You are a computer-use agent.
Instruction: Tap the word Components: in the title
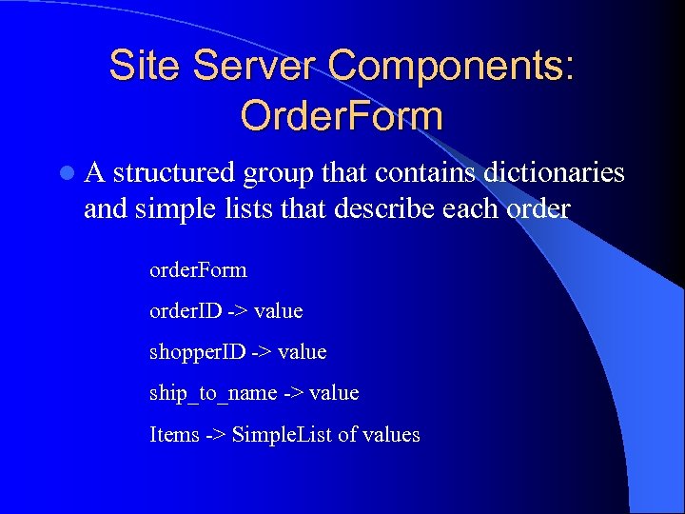point(451,67)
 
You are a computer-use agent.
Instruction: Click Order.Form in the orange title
point(342,116)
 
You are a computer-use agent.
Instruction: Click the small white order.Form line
point(198,270)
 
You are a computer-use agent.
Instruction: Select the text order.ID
point(186,311)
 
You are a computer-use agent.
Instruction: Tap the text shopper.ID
point(198,352)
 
